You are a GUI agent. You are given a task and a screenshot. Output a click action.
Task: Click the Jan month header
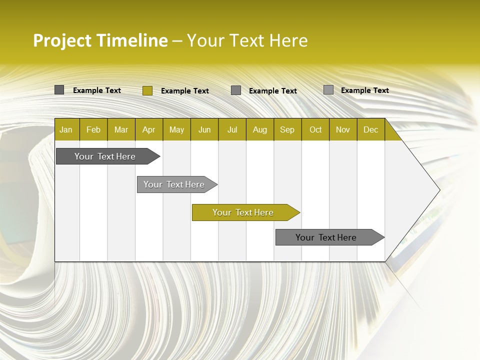(x=66, y=129)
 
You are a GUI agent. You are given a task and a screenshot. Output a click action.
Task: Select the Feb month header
(x=93, y=129)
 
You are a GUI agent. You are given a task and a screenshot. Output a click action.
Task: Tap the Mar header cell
(x=121, y=129)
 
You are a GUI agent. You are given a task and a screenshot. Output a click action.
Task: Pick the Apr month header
(x=149, y=129)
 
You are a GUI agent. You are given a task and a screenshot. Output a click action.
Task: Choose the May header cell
(x=176, y=129)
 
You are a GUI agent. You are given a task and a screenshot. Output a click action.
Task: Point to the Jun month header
(x=204, y=129)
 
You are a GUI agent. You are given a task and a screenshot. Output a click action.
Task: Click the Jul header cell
(x=232, y=129)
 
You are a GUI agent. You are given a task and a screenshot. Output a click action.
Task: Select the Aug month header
(x=260, y=129)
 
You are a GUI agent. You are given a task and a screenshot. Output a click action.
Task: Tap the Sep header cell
(x=287, y=129)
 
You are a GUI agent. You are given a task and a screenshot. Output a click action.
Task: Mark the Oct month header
(x=315, y=129)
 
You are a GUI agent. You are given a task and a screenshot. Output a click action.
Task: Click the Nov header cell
(x=343, y=129)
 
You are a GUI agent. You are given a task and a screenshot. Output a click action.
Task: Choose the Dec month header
(x=371, y=129)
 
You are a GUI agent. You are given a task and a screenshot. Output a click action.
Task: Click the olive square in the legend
(x=147, y=90)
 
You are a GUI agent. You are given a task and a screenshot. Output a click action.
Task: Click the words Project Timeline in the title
(x=100, y=40)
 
